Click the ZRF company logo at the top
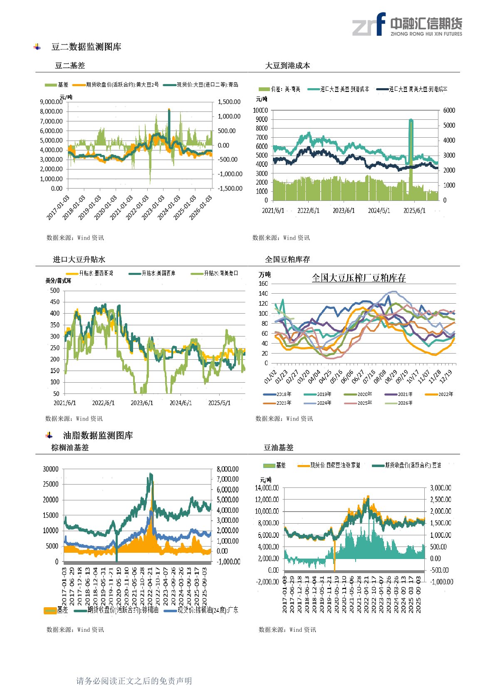pos(407,25)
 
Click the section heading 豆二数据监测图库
pos(86,47)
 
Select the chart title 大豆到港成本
pos(287,66)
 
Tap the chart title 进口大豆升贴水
pos(79,260)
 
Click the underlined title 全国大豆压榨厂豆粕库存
pos(359,278)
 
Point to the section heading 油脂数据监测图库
pos(98,435)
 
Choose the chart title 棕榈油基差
pos(70,448)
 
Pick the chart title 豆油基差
pos(278,448)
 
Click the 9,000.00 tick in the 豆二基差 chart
pos(51,102)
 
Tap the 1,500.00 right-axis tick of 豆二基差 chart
pos(229,102)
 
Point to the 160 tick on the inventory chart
pos(263,284)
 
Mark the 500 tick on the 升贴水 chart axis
pos(55,290)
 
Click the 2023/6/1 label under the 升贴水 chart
pos(142,403)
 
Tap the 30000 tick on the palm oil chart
pos(51,469)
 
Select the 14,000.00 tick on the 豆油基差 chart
pos(267,488)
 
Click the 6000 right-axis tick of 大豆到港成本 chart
pos(449,110)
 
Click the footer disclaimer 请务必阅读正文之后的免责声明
pos(134,681)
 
